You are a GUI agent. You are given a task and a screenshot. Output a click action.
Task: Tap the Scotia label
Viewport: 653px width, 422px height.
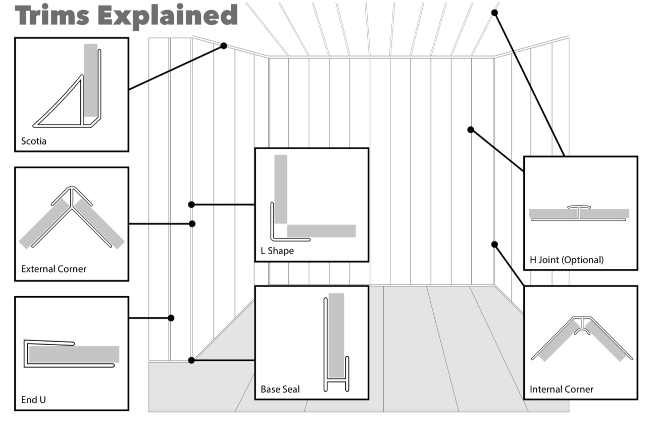pyautogui.click(x=33, y=141)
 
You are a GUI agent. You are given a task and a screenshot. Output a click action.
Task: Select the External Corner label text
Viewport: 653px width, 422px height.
pyautogui.click(x=54, y=269)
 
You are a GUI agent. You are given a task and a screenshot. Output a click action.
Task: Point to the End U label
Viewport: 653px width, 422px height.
pyautogui.click(x=33, y=400)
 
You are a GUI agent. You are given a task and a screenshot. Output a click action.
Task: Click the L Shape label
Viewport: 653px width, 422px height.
pyautogui.click(x=277, y=251)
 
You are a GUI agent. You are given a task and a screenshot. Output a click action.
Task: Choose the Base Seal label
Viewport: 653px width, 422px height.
pyautogui.click(x=280, y=389)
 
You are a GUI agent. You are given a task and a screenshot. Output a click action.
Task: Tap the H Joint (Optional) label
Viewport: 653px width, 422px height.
pyautogui.click(x=567, y=260)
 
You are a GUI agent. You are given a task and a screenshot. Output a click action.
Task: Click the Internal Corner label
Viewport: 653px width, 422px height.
pyautogui.click(x=562, y=389)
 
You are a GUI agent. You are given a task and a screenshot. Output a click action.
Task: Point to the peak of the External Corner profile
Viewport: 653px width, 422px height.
pyautogui.click(x=71, y=189)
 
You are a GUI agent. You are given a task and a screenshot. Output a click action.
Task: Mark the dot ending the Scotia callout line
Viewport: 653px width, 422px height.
pyautogui.click(x=224, y=46)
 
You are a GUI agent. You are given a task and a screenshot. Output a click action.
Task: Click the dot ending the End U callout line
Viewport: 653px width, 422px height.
pyautogui.click(x=171, y=318)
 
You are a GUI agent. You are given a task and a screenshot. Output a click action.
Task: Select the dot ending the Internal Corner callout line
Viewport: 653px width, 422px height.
pyautogui.click(x=494, y=245)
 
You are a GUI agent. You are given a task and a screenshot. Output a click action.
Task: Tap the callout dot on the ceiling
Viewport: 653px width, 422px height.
pyautogui.click(x=494, y=13)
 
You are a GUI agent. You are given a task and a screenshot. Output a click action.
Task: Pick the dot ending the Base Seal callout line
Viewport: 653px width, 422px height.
pyautogui.click(x=191, y=360)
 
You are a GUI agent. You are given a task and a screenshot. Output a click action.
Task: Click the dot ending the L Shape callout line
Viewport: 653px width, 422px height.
pyautogui.click(x=191, y=205)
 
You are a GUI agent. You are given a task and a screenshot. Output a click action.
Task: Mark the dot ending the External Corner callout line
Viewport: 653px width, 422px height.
pyautogui.click(x=192, y=223)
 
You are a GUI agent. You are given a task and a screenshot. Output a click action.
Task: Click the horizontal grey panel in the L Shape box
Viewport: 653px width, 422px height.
pyautogui.click(x=321, y=231)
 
